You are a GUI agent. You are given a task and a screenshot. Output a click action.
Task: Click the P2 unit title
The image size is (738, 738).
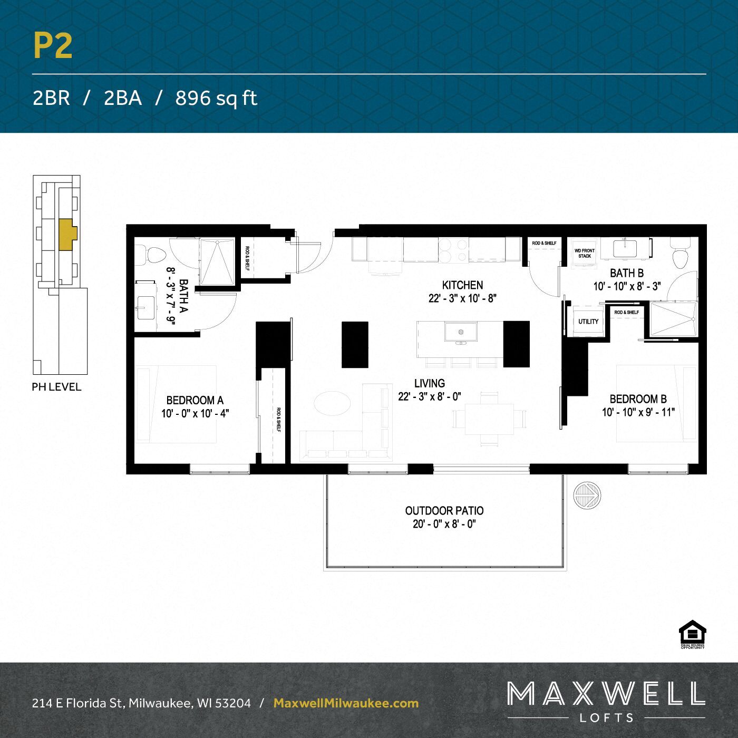coord(53,46)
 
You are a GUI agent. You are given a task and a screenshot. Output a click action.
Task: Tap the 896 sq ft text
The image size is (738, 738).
coord(216,98)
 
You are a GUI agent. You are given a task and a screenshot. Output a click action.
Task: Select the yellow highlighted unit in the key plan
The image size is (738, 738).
coord(67,234)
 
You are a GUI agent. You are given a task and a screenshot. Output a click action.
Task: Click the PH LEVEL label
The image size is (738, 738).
coord(56,387)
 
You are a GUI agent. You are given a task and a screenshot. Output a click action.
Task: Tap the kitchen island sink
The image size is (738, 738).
coord(461,333)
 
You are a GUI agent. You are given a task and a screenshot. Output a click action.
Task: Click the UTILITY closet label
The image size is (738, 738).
coord(588,322)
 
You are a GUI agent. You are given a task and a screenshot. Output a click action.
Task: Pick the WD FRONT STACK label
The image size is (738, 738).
coord(585,254)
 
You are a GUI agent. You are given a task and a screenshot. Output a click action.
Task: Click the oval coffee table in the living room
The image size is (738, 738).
coord(332,404)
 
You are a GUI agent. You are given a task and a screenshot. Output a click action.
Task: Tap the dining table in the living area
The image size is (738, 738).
coord(489,420)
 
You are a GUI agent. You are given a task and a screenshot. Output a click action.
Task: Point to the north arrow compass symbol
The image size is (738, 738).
coord(587,496)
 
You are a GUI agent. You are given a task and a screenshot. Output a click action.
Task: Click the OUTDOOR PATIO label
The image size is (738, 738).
coord(444,511)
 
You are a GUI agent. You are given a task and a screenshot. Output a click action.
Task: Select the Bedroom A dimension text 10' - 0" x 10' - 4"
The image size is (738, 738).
coord(195,414)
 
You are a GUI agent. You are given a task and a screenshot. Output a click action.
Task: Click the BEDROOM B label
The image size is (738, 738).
coord(638,399)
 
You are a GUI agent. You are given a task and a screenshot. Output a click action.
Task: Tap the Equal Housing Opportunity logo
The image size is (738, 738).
coord(692,634)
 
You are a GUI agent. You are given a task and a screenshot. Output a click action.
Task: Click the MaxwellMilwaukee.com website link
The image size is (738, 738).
coord(346,703)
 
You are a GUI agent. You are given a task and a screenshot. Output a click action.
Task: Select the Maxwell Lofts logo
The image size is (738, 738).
coord(606,701)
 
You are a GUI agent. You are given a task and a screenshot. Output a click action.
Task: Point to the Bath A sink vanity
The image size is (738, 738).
coord(145,307)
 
